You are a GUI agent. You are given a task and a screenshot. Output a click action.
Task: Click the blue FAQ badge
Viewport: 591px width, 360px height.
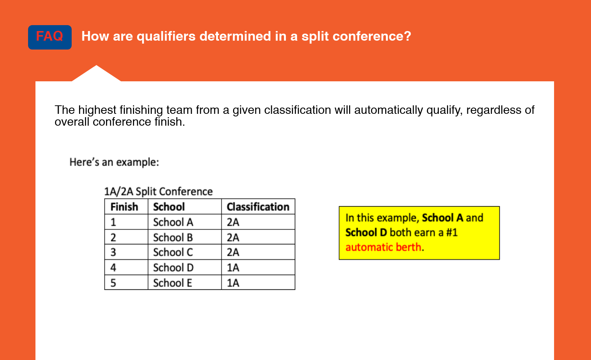(49, 37)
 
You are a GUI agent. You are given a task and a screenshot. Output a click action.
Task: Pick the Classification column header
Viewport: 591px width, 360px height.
(258, 207)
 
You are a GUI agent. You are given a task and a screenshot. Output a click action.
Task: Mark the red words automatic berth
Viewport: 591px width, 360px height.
(383, 247)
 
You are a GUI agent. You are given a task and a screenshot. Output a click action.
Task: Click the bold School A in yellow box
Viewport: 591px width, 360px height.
(443, 218)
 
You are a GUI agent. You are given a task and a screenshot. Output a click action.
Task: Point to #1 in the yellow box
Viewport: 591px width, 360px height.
(452, 232)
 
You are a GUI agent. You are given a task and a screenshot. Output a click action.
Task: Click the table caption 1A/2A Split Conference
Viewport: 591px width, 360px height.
(158, 191)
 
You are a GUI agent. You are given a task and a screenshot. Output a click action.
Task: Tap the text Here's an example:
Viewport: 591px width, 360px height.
(114, 162)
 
